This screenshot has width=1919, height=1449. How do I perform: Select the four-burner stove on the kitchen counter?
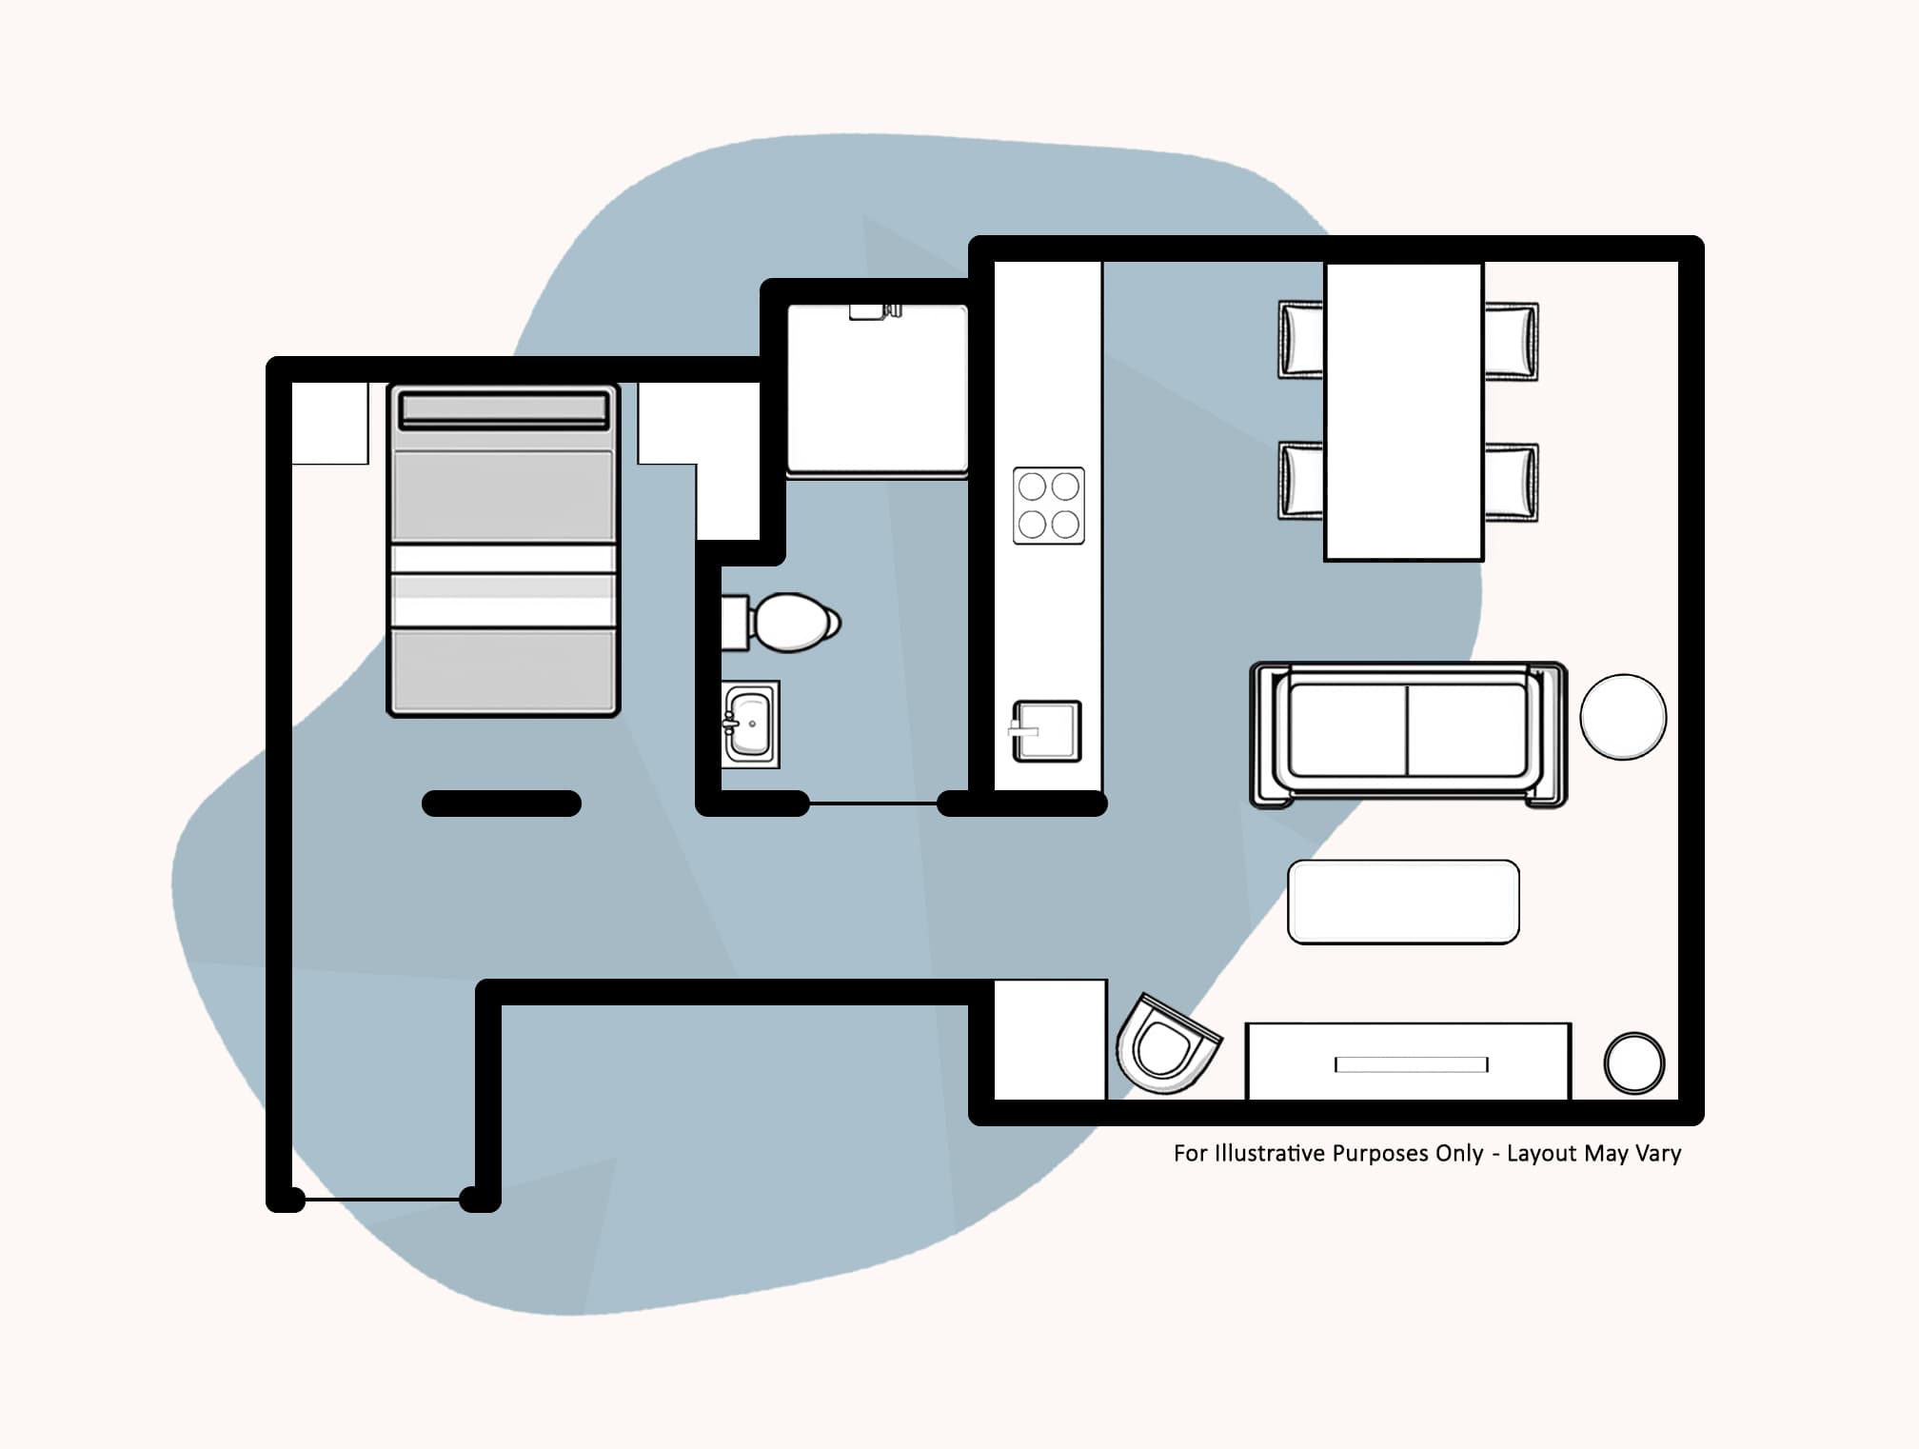[x=1048, y=506]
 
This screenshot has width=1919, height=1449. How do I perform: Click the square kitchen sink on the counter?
[x=1046, y=731]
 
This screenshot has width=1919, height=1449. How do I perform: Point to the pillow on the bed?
[x=504, y=410]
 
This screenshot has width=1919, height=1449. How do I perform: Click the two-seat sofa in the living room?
[x=1407, y=733]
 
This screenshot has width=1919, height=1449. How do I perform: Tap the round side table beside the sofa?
[x=1622, y=717]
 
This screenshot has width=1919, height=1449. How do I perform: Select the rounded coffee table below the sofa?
[x=1402, y=902]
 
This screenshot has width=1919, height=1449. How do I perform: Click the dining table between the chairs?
[x=1403, y=411]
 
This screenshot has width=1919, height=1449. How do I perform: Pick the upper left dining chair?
[x=1300, y=340]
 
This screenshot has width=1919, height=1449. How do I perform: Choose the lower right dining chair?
[x=1511, y=482]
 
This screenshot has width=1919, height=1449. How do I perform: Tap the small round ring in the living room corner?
[x=1633, y=1063]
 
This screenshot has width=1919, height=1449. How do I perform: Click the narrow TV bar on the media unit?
[x=1411, y=1064]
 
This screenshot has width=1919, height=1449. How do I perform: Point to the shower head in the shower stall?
[x=874, y=311]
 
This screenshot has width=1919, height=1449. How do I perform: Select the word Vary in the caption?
[x=1658, y=1154]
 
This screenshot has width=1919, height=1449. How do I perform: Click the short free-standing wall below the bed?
[x=502, y=804]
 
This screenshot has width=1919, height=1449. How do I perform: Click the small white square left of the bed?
[x=329, y=424]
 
